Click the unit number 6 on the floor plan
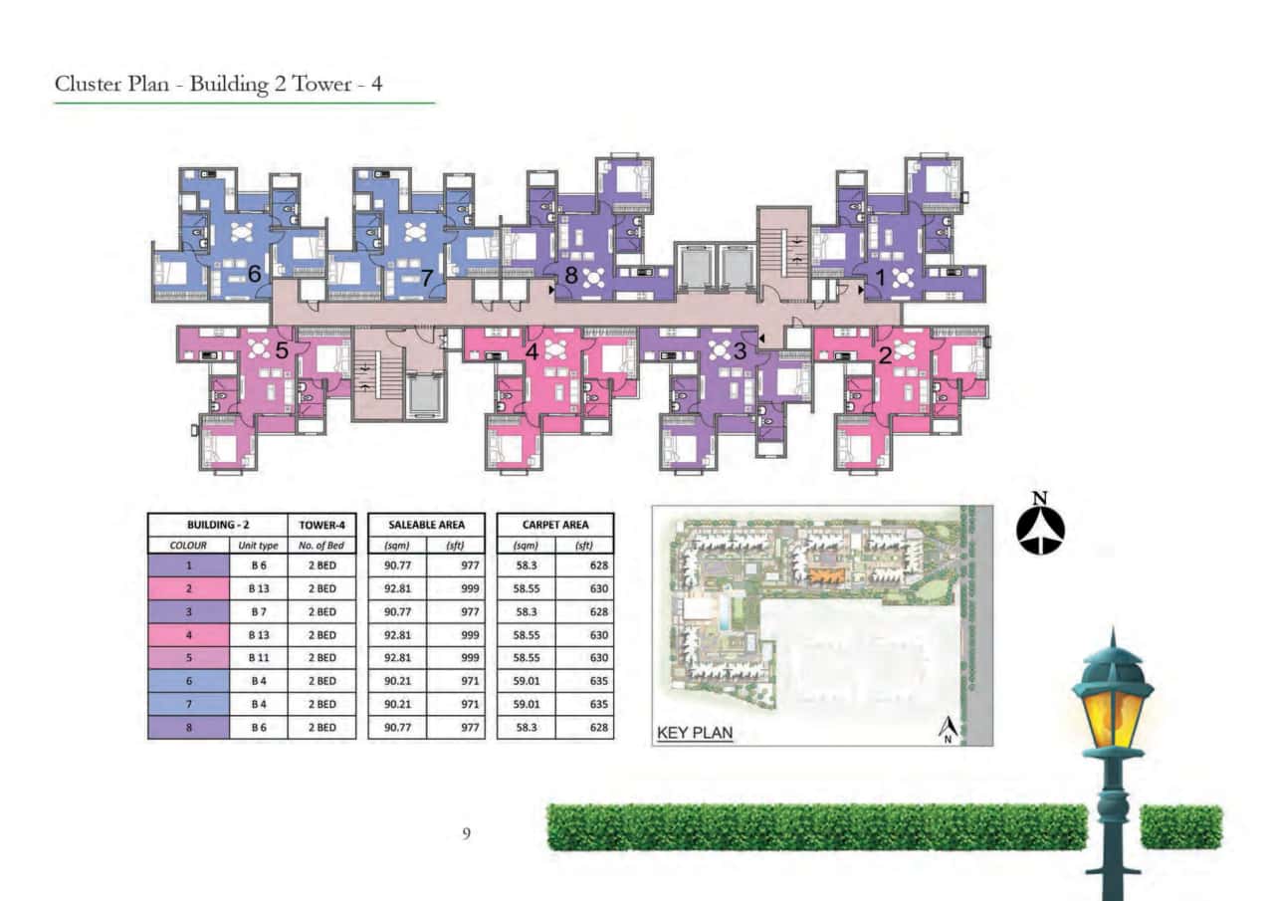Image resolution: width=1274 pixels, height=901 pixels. click(255, 273)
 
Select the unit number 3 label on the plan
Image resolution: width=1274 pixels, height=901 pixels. click(740, 350)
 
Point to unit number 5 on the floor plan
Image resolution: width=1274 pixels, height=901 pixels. click(282, 350)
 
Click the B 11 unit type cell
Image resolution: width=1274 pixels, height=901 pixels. click(258, 658)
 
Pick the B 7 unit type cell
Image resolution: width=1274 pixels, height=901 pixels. click(258, 611)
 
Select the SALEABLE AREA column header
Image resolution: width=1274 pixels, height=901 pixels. click(427, 524)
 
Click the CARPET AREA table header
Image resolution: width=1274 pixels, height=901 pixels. click(554, 524)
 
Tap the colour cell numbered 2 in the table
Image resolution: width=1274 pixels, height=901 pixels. click(188, 588)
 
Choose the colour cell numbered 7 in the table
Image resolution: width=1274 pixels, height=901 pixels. click(188, 704)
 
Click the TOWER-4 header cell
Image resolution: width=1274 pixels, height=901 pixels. click(320, 524)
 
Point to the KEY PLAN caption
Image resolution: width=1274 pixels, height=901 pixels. click(695, 735)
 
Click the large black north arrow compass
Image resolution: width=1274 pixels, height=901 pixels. click(1040, 526)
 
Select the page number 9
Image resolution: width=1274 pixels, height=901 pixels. click(466, 832)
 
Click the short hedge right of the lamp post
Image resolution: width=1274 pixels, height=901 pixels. click(1181, 827)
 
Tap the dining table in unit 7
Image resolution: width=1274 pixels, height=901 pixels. click(414, 235)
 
